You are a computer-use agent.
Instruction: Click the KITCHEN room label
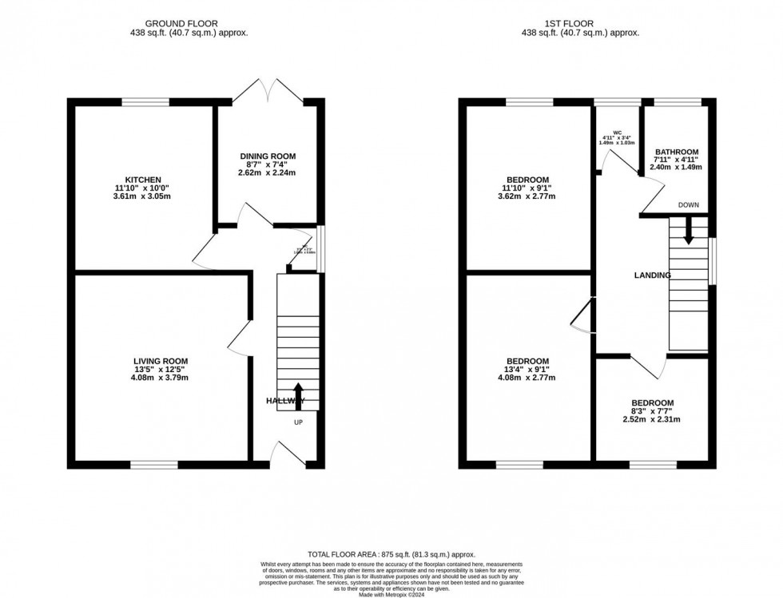click(x=143, y=180)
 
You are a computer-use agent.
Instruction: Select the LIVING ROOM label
click(x=160, y=361)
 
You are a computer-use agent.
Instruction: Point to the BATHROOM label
click(x=677, y=152)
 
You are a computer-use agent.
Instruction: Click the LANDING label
click(x=652, y=275)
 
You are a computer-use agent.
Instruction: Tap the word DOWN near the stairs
click(x=688, y=205)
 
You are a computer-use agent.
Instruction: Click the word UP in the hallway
click(x=299, y=422)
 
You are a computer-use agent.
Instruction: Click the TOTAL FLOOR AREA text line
click(x=391, y=554)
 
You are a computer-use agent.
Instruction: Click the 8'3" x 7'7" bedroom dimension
click(x=652, y=413)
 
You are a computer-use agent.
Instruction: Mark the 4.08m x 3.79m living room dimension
click(x=160, y=380)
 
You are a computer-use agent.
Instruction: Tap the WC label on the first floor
click(x=618, y=132)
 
